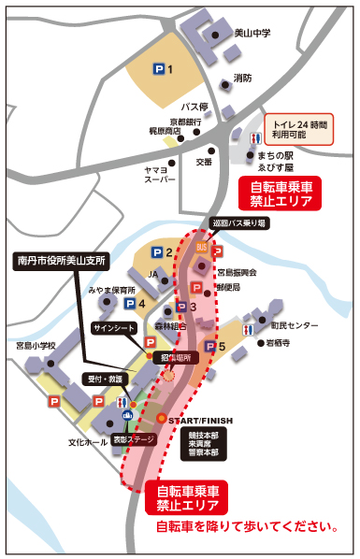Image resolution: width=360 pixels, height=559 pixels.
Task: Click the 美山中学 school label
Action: pyautogui.click(x=253, y=34)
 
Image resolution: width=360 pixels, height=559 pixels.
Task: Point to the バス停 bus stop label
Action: pyautogui.click(x=193, y=107)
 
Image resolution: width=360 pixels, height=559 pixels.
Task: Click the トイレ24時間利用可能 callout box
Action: pyautogui.click(x=299, y=129)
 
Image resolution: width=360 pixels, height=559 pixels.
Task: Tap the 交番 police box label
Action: pyautogui.click(x=204, y=162)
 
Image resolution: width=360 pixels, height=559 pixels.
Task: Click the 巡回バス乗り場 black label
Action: pyautogui.click(x=239, y=223)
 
